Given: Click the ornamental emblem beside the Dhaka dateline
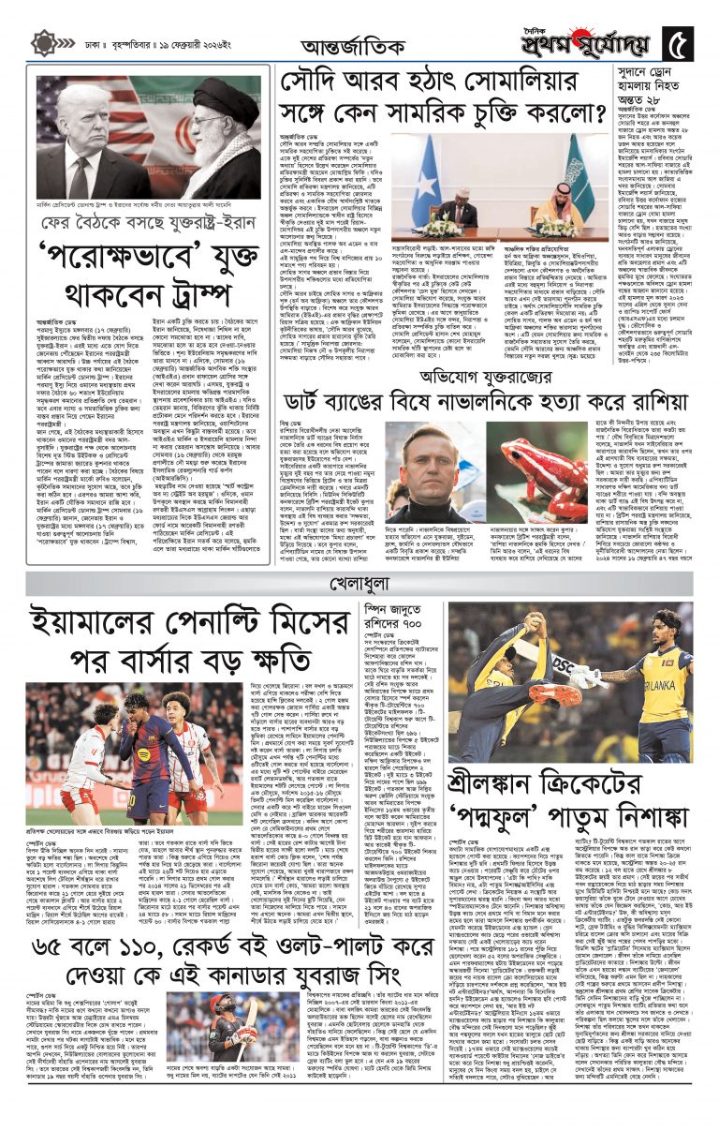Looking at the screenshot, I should click(42, 43).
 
